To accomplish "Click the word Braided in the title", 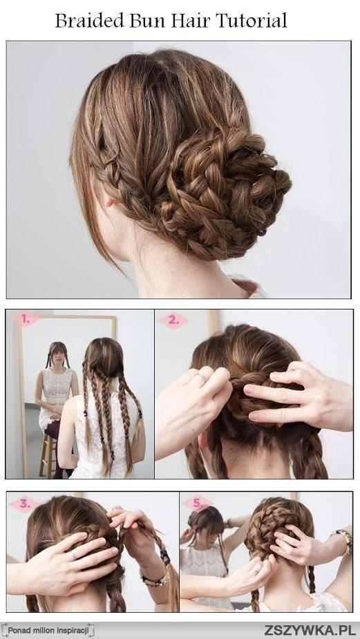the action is point(89,20).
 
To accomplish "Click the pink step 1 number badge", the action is point(26,319).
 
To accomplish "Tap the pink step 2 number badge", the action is point(173,321).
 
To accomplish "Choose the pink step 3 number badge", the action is point(24,504).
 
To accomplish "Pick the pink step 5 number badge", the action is point(198,503).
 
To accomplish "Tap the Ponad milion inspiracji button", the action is point(47,631).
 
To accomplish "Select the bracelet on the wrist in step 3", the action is point(154,579).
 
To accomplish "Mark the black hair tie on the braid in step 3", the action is point(164,555).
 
